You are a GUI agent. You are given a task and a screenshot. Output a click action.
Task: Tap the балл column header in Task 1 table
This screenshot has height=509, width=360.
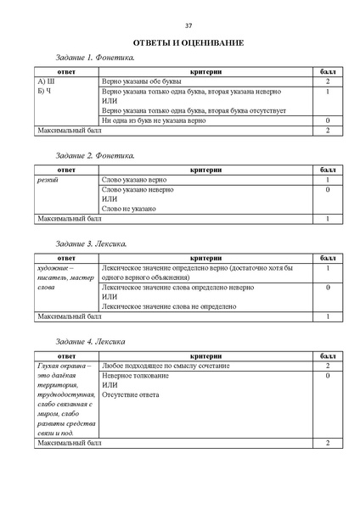327,71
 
